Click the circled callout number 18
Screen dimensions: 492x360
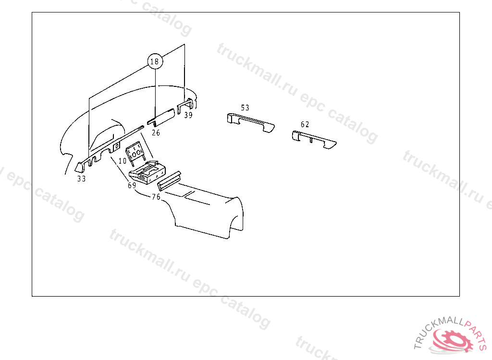pyautogui.click(x=155, y=61)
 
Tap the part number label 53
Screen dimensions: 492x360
pyautogui.click(x=245, y=108)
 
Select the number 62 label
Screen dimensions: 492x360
pyautogui.click(x=305, y=124)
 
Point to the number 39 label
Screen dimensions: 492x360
pyautogui.click(x=188, y=115)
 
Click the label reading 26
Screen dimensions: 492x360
pyautogui.click(x=156, y=132)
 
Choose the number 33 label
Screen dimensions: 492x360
pyautogui.click(x=81, y=179)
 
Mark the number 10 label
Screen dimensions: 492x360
pyautogui.click(x=123, y=161)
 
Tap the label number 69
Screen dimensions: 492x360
pyautogui.click(x=132, y=185)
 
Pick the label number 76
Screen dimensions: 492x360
pyautogui.click(x=156, y=197)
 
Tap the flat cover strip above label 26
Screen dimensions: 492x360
pyautogui.click(x=160, y=118)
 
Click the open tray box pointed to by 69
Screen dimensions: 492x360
pyautogui.click(x=148, y=173)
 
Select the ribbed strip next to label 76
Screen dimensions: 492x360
pyautogui.click(x=169, y=181)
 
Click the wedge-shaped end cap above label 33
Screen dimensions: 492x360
pyautogui.click(x=79, y=167)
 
